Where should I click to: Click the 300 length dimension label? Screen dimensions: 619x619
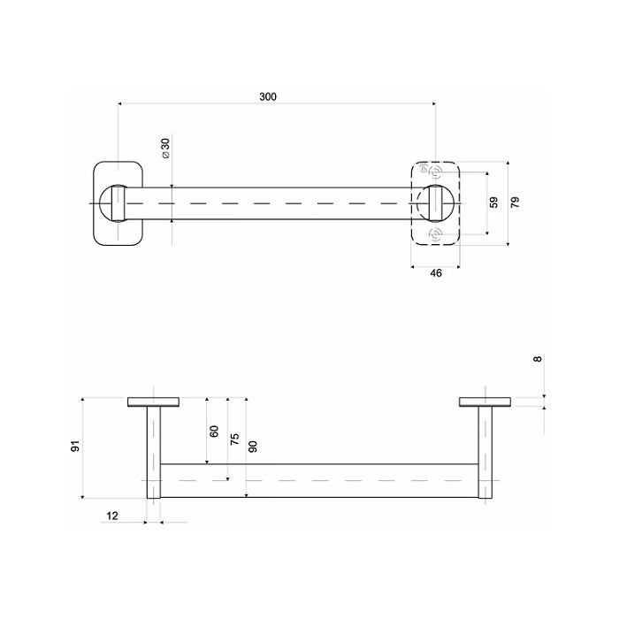click(x=268, y=96)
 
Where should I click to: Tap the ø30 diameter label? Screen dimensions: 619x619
click(x=165, y=148)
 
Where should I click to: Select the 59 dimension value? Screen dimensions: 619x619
click(x=493, y=203)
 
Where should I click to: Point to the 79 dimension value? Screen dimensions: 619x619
click(x=515, y=203)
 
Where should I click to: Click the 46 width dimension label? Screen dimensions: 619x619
click(x=436, y=272)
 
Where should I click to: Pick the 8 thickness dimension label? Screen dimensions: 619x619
click(x=538, y=359)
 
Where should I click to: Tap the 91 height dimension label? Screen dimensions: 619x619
click(x=75, y=446)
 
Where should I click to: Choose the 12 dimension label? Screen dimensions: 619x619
click(x=112, y=516)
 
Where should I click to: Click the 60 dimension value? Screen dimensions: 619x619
click(x=214, y=432)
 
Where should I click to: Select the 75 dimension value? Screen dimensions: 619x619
click(x=234, y=439)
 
